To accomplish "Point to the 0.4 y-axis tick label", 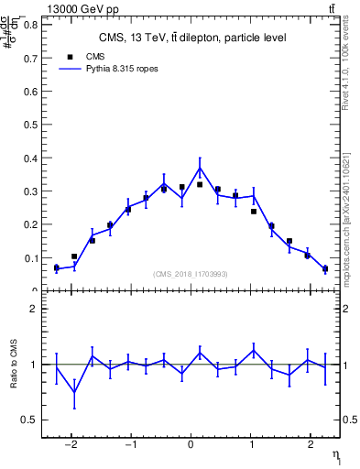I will pos(34,158).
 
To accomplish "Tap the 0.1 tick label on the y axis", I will pos(34,257).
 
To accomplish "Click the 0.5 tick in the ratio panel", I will pos(34,420).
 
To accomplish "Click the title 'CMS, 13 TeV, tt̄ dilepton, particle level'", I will pos(191,38).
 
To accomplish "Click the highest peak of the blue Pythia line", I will pos(200,168).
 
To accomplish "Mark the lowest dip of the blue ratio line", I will pos(74,392).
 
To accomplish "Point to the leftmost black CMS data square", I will pos(56,267).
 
